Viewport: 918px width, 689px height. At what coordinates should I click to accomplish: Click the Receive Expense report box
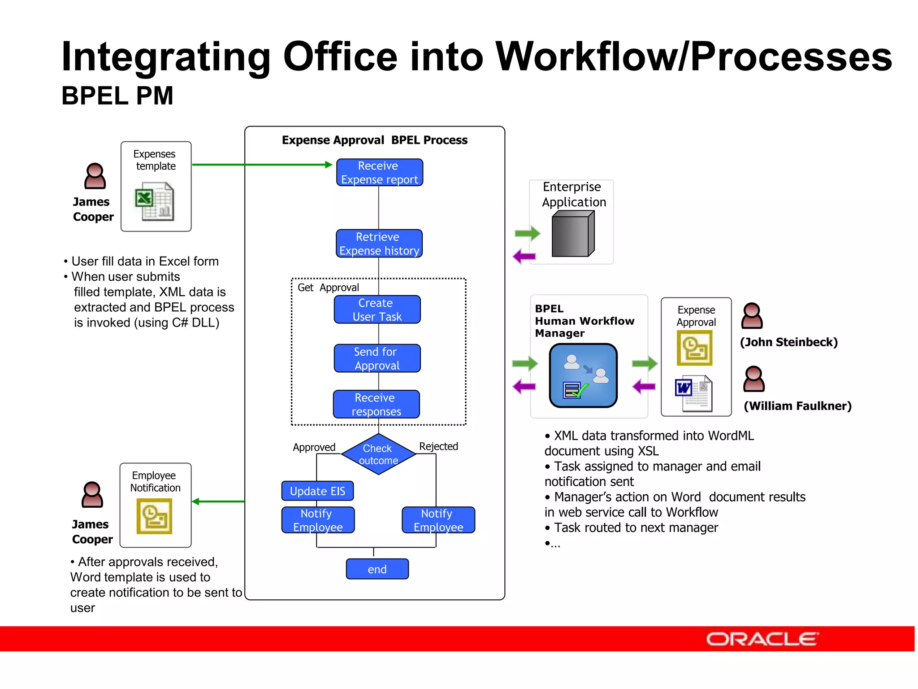[379, 172]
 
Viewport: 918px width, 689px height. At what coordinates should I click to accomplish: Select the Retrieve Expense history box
[379, 244]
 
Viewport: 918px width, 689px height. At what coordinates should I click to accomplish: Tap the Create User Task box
[377, 310]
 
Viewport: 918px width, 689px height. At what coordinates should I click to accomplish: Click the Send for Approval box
[377, 358]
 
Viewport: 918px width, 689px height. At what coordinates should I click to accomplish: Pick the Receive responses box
[376, 404]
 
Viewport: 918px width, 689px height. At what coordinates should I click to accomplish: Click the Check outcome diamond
[378, 454]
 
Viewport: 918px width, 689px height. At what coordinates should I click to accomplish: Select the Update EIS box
[317, 491]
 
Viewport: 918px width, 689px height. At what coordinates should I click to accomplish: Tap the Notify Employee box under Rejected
[438, 520]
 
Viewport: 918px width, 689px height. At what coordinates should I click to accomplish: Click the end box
[377, 569]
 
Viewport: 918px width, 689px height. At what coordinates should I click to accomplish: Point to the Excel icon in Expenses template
[154, 201]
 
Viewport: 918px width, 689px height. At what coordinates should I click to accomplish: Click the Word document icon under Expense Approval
[693, 393]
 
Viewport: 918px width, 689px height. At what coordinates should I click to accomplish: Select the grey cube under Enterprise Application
[572, 234]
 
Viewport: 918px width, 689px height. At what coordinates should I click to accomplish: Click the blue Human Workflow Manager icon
[583, 375]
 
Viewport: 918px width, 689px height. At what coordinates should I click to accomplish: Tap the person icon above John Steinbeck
[752, 316]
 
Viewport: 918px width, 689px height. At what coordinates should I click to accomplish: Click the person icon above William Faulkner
[753, 379]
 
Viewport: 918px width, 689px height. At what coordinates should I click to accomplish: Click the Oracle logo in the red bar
[762, 639]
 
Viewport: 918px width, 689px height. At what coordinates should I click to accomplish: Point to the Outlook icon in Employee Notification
[154, 516]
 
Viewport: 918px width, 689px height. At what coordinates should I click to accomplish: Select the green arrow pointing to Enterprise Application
[527, 233]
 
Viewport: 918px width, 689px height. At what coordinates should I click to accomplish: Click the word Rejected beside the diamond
[438, 446]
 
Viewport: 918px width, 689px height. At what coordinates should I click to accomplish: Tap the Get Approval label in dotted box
[328, 288]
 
